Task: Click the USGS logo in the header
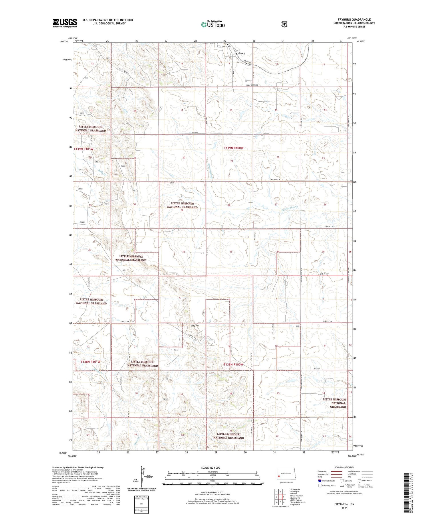[x=65, y=23]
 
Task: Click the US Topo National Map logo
[x=213, y=24]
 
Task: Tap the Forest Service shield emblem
[x=284, y=24]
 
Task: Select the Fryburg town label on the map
[x=239, y=53]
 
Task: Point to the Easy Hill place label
[x=195, y=326]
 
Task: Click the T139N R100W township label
[x=234, y=148]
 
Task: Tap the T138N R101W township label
[x=90, y=362]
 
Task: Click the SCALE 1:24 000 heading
[x=210, y=467]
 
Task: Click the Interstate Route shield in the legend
[x=320, y=481]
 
